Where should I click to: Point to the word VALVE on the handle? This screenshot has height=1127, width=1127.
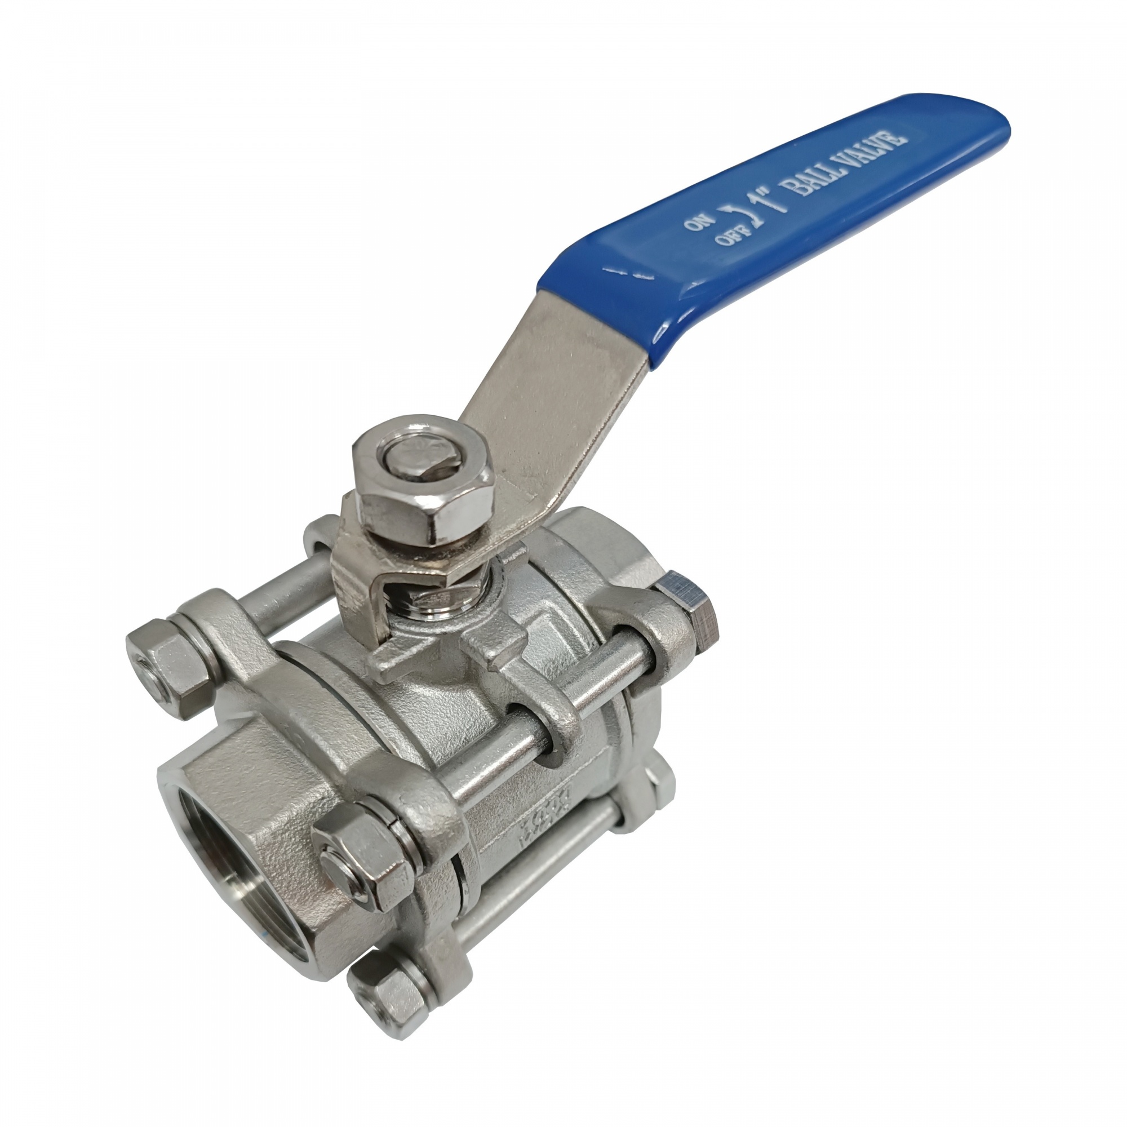[x=875, y=147]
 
